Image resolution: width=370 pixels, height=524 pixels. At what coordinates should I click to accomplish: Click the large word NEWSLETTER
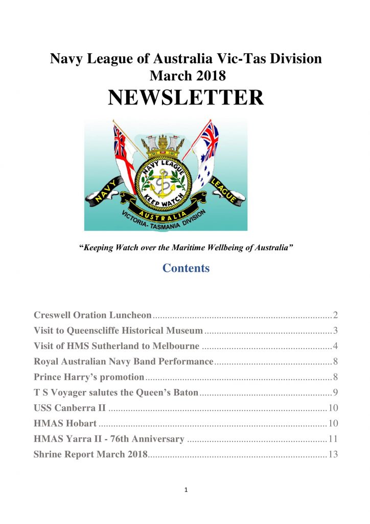[x=186, y=97]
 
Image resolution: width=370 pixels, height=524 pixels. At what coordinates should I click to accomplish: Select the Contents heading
[x=186, y=268]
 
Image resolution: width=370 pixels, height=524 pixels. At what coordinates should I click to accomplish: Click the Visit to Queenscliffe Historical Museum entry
[x=118, y=331]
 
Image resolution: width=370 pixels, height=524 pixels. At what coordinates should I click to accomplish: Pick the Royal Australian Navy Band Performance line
[x=123, y=362]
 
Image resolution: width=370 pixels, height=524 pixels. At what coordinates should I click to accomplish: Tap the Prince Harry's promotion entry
[x=89, y=377]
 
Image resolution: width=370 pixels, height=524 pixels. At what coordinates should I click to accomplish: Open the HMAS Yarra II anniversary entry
[x=109, y=439]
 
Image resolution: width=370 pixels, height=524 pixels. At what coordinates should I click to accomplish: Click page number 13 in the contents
[x=333, y=454]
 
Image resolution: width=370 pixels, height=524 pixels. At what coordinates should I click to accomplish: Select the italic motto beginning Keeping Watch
[x=186, y=248]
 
